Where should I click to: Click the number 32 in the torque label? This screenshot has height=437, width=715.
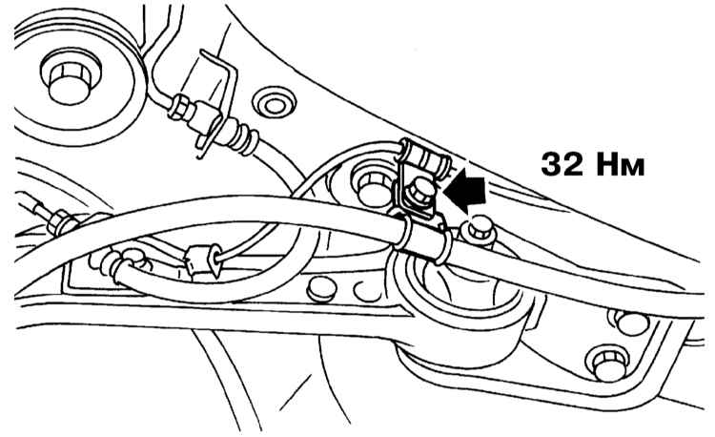[562, 164]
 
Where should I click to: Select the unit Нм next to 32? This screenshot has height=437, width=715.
[620, 165]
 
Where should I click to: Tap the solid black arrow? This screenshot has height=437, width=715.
[465, 189]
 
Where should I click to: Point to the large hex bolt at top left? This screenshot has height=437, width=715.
[69, 81]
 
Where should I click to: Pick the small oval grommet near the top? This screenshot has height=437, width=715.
[274, 105]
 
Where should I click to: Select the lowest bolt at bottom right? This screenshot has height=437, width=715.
[610, 364]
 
